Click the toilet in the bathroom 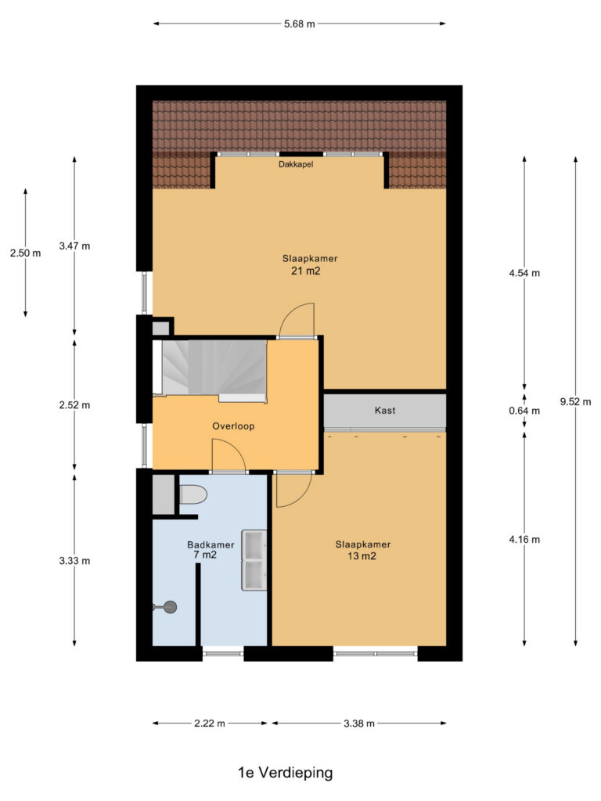[193, 494]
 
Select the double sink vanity [254, 560]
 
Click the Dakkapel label [296, 164]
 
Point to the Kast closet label [385, 410]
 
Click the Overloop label [233, 426]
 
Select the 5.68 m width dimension [300, 23]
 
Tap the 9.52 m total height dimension [575, 401]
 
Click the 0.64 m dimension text [524, 411]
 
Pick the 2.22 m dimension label [210, 724]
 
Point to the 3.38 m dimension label [359, 724]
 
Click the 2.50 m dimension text [26, 253]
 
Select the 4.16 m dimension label [524, 540]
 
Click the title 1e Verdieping [285, 773]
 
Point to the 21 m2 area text [306, 271]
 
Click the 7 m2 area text [205, 555]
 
